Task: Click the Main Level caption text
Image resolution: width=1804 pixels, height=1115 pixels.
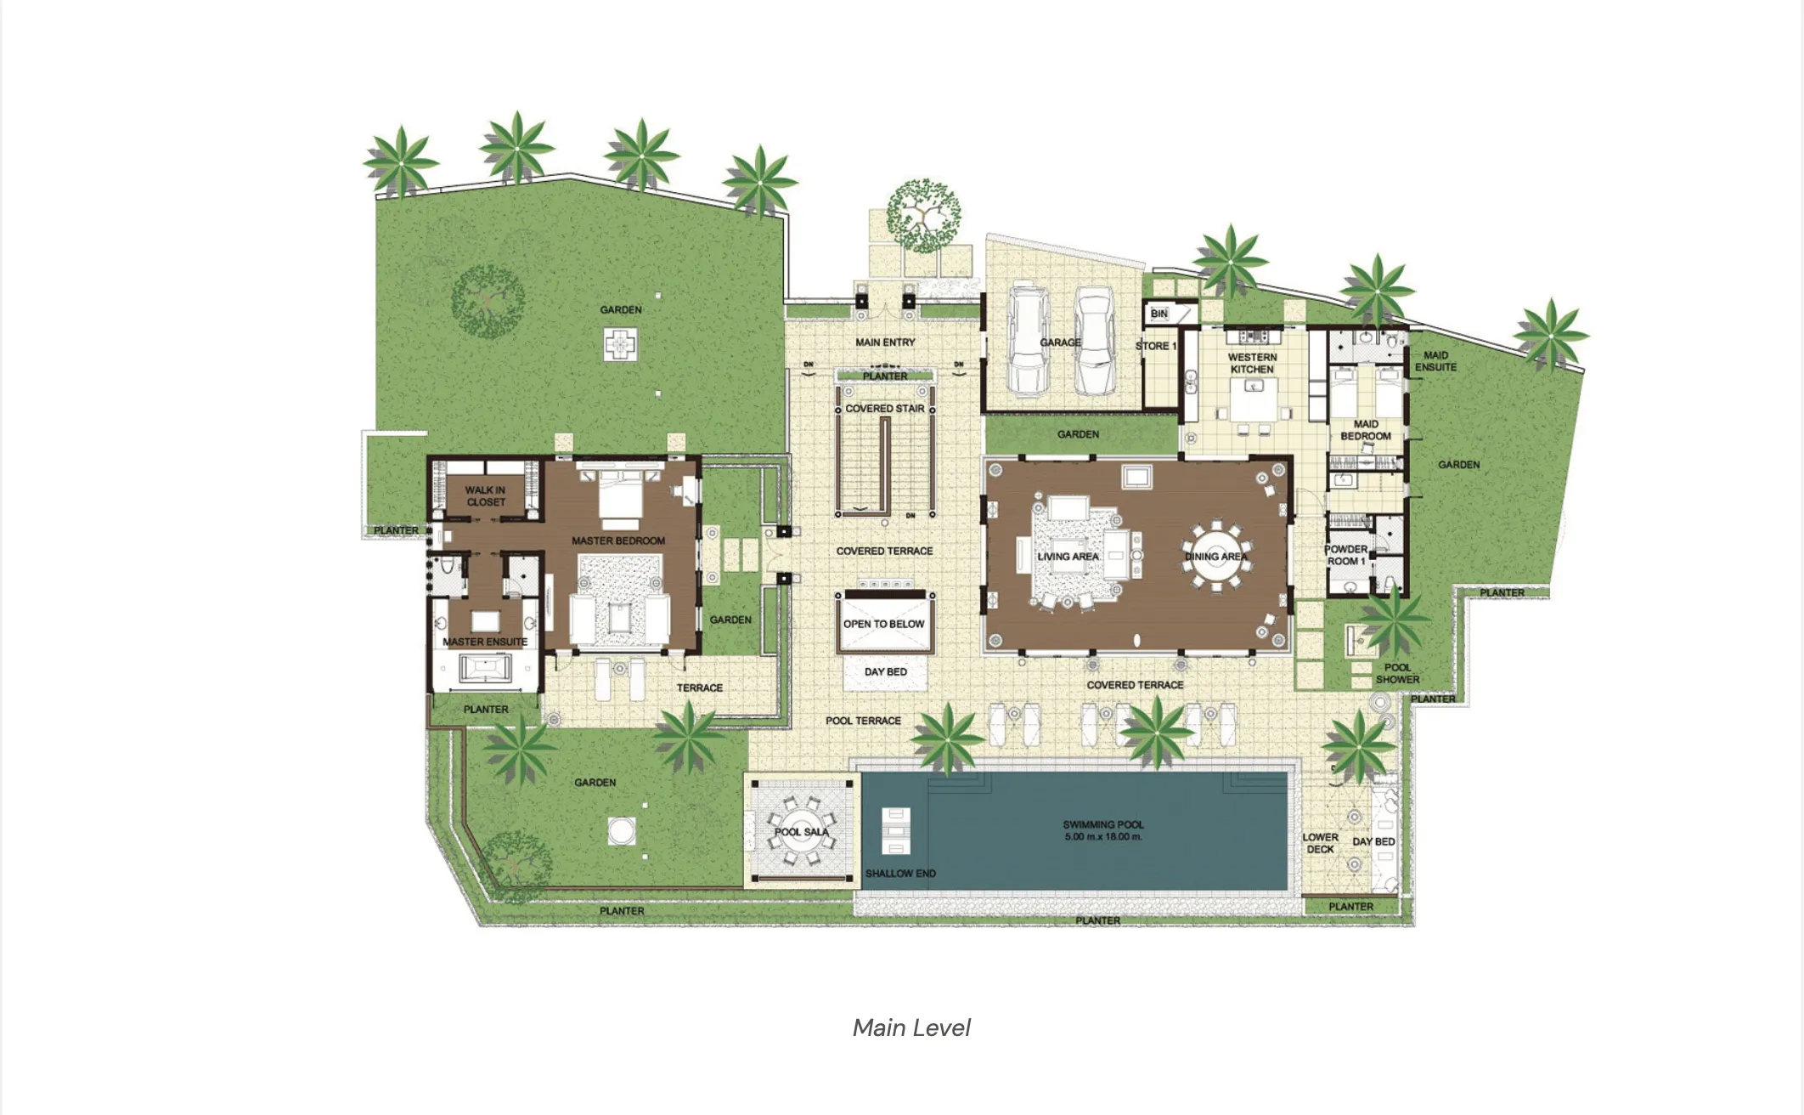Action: coord(911,1027)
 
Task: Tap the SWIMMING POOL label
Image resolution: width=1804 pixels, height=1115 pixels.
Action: coord(1103,824)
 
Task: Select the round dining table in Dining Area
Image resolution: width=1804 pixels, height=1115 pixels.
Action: coord(1217,557)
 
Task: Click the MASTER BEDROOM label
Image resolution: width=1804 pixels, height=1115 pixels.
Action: coord(618,541)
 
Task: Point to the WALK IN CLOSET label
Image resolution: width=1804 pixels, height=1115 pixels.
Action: coord(485,496)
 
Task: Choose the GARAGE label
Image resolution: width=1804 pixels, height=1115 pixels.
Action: coord(1060,342)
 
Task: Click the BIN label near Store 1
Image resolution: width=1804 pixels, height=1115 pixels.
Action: coord(1159,314)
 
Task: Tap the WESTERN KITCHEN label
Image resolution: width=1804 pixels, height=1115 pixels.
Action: coord(1252,364)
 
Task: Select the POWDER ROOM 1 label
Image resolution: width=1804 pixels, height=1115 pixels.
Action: coord(1346,555)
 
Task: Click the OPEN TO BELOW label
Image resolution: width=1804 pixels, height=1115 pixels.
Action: coord(884,624)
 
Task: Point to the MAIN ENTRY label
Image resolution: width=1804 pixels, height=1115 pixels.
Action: coord(885,342)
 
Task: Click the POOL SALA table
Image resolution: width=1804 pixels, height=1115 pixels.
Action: coord(802,831)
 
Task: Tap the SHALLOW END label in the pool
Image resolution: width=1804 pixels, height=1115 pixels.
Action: coord(900,874)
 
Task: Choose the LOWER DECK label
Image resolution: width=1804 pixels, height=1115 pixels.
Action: coord(1321,843)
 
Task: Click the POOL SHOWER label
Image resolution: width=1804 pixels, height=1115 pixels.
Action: coord(1398,674)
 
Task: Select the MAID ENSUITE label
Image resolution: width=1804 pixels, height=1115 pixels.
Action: coord(1436,361)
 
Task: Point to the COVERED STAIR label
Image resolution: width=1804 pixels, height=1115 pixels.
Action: coord(885,409)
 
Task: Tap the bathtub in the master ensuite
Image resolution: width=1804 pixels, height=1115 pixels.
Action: coord(485,669)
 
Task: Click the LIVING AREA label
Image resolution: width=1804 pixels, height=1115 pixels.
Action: coord(1068,557)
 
